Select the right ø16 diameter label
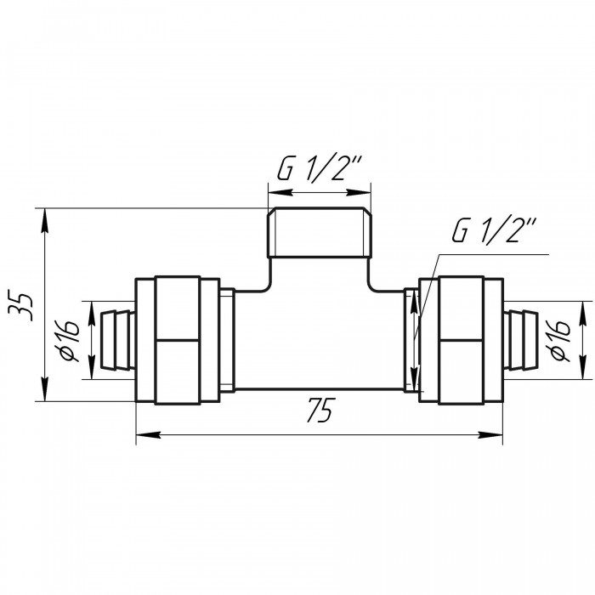(x=558, y=340)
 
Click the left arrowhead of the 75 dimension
(x=149, y=435)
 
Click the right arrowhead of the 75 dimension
(x=490, y=435)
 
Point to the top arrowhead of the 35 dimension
(x=45, y=221)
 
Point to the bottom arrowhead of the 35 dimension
(x=45, y=388)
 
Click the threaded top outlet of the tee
(x=319, y=233)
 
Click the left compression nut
(x=178, y=340)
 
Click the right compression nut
(x=461, y=340)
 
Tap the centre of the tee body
(x=319, y=340)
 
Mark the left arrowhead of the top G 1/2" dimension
(x=280, y=193)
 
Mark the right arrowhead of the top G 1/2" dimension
(x=359, y=193)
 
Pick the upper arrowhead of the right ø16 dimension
(x=582, y=314)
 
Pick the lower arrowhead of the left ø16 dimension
(x=92, y=367)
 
